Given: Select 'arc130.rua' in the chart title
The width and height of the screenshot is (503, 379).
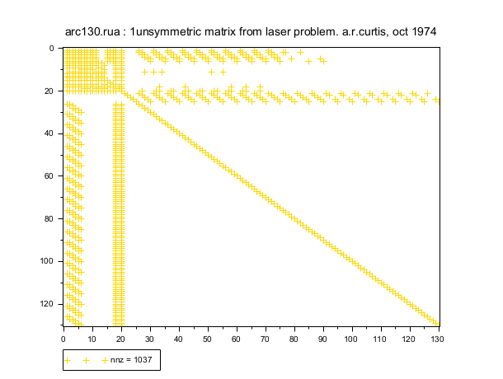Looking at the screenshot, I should [x=93, y=31].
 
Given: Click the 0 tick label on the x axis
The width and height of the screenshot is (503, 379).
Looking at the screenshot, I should [x=63, y=337].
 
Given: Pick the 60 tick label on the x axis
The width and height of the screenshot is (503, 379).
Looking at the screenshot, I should [x=237, y=337].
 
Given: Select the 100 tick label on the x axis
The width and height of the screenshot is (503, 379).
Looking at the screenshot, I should [x=352, y=337].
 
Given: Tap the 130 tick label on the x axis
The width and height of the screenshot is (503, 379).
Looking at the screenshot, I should [x=439, y=337].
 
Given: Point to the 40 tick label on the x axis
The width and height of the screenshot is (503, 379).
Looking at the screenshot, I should [x=179, y=337].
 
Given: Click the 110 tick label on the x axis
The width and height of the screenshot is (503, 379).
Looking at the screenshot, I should [x=381, y=337].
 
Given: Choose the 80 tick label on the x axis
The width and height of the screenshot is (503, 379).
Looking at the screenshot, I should [x=294, y=337].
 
